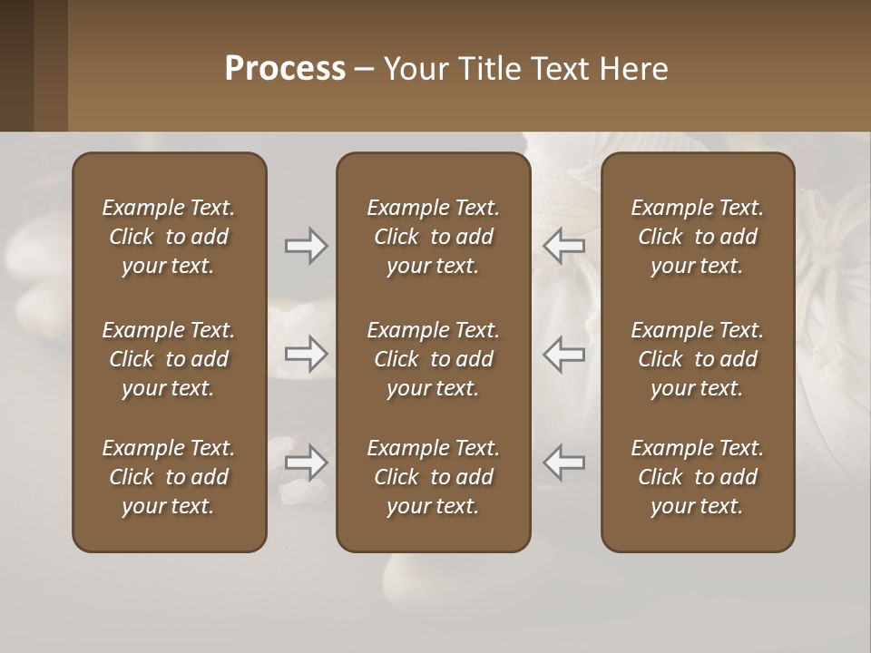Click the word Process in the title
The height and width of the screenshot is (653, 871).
(285, 69)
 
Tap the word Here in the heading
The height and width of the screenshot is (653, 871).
(633, 69)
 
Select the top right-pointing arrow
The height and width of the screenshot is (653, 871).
(306, 246)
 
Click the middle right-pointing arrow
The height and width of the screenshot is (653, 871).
(306, 354)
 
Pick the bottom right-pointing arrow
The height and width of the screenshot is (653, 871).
(306, 463)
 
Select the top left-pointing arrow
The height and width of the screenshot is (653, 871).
(563, 246)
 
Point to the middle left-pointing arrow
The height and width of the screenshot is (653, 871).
(563, 354)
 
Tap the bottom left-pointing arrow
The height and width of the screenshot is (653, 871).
(563, 463)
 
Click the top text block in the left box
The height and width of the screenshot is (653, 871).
(169, 237)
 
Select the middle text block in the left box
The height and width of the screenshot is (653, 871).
(169, 359)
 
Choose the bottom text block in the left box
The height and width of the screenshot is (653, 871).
(169, 477)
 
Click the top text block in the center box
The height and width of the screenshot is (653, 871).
(433, 237)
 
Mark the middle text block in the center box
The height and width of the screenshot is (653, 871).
(433, 359)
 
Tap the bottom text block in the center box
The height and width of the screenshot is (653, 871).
(433, 477)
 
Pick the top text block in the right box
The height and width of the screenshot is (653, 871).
(698, 237)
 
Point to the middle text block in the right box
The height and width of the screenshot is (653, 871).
(698, 359)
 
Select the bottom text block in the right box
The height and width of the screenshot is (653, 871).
(698, 477)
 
